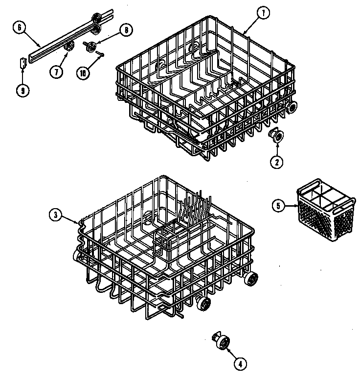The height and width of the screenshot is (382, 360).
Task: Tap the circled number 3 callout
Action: tap(56, 214)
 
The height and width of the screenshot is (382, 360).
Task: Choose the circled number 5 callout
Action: tap(278, 206)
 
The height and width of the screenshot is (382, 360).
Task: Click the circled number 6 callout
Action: tap(20, 28)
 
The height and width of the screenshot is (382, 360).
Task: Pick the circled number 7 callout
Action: tap(56, 71)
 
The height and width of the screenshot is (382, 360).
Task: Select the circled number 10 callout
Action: tap(84, 72)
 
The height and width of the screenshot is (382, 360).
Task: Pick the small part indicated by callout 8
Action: tap(90, 46)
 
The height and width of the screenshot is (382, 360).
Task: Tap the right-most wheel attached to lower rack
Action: tap(251, 279)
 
